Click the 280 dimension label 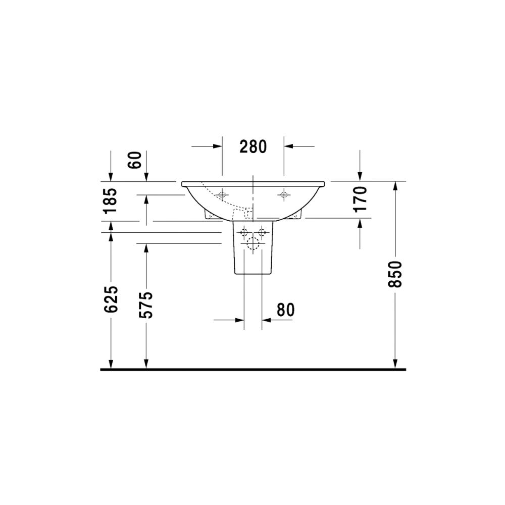pyautogui.click(x=253, y=146)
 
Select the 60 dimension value pyautogui.click(x=135, y=160)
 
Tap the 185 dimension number pyautogui.click(x=110, y=200)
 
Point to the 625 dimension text pyautogui.click(x=111, y=299)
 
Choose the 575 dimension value pyautogui.click(x=146, y=305)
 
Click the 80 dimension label pyautogui.click(x=285, y=310)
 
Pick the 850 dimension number pyautogui.click(x=395, y=274)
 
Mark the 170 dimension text pyautogui.click(x=360, y=199)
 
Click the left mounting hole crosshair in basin pyautogui.click(x=222, y=195)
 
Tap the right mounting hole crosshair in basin pyautogui.click(x=284, y=195)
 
